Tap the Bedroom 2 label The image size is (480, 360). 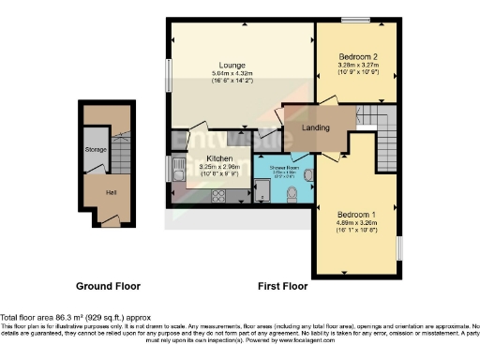(357, 56)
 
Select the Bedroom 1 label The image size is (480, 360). (356, 215)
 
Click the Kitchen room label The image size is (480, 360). (206, 158)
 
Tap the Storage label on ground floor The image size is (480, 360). (96, 148)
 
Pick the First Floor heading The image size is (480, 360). (282, 283)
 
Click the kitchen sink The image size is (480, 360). (178, 170)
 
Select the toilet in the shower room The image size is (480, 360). (294, 194)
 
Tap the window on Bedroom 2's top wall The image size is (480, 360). (355, 20)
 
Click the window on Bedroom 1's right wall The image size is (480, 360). (399, 247)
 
